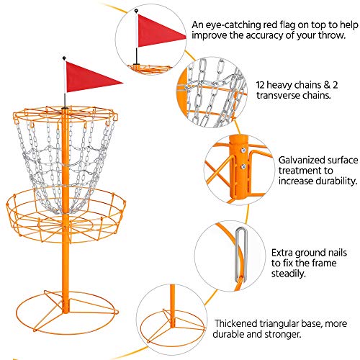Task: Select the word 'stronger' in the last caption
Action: click(280, 337)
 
